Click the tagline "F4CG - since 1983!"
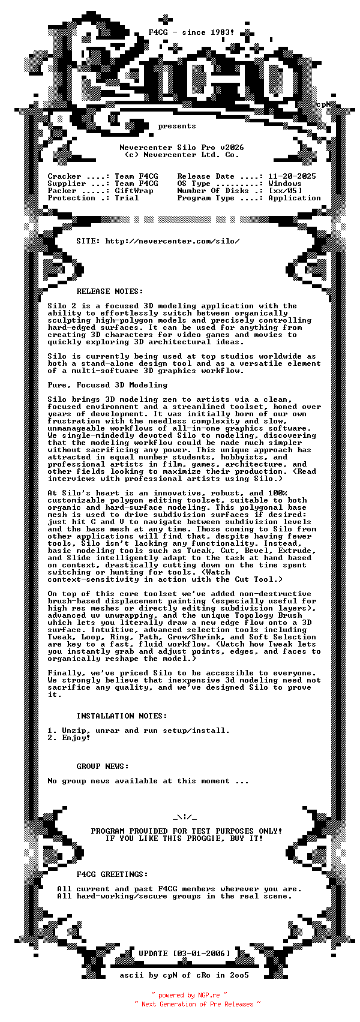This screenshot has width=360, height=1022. [x=191, y=32]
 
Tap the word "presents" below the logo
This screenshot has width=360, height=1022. [x=177, y=126]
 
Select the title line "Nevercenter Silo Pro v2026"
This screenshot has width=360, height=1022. [x=182, y=148]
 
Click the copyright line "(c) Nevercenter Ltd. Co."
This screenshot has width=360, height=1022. [x=182, y=155]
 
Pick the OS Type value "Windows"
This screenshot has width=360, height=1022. [x=285, y=184]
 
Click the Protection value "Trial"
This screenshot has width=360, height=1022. [x=127, y=198]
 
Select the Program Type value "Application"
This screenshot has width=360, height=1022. [x=295, y=198]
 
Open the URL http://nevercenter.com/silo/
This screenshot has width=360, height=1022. [x=173, y=241]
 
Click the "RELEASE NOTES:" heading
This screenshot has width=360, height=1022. [x=110, y=291]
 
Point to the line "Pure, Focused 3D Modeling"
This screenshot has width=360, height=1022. [x=107, y=385]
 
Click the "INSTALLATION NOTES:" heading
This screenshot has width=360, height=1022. [x=122, y=716]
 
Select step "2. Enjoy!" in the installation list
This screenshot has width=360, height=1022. [x=69, y=738]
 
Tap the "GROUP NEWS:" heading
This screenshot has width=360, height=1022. [x=103, y=767]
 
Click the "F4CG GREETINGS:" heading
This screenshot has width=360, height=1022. [x=112, y=874]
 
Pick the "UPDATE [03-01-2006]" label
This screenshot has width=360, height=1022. [x=184, y=954]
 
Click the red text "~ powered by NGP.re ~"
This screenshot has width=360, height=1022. [x=189, y=995]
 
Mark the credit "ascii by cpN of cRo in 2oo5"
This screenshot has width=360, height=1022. [x=184, y=975]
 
